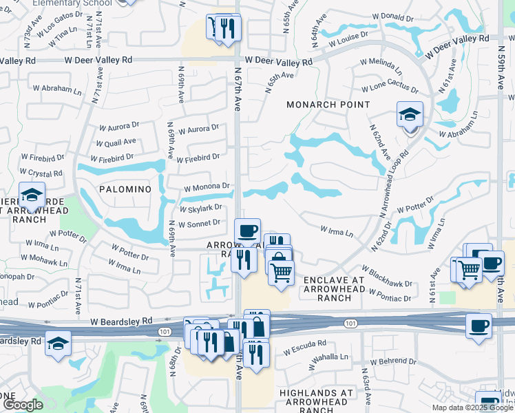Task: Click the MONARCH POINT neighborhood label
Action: [328, 105]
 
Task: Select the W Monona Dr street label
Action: [206, 187]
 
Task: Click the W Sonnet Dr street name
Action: [198, 224]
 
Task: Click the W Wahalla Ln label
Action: [328, 357]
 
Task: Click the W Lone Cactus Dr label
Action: [390, 88]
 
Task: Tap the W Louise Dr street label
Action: [349, 42]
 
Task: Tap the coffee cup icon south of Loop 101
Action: [479, 326]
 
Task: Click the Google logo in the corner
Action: [23, 405]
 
